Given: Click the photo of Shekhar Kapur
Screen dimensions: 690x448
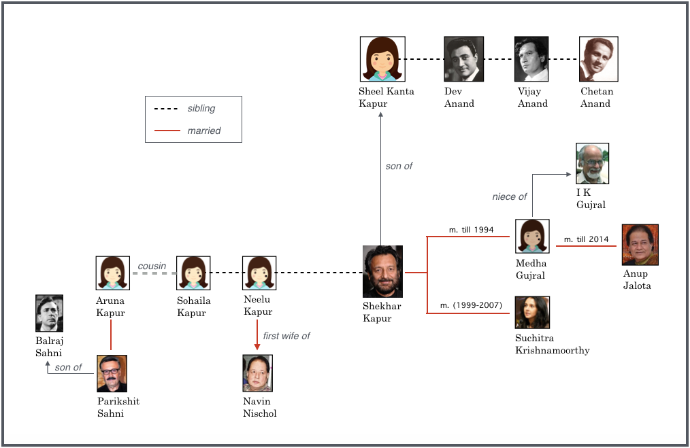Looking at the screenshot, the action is point(382,272).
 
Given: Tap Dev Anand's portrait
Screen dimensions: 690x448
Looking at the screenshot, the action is point(464,59).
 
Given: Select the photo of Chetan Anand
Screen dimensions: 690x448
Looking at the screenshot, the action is point(598,59).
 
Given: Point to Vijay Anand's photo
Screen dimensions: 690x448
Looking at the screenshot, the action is point(531,59).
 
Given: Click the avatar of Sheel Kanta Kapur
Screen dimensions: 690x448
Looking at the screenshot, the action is point(382,59).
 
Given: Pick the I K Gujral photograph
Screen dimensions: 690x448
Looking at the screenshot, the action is point(592,163).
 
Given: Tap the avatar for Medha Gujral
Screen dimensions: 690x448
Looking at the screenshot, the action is point(532,237).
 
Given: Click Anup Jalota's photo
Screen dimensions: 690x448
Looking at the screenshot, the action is point(640,245).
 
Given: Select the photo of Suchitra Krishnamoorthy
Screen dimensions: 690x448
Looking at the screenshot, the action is point(532,313).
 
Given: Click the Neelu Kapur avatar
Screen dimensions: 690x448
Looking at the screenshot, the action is point(259,273).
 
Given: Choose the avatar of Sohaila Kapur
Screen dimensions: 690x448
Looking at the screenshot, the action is point(193,273).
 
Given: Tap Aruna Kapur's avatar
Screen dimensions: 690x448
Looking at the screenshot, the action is point(113,273).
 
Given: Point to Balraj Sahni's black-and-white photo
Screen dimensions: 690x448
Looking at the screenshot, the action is point(49,313).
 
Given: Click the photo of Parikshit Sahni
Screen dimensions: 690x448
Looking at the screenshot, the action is point(112,373).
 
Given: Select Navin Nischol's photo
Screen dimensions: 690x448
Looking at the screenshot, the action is point(257,373).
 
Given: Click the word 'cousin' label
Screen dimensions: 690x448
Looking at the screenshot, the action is point(152,266).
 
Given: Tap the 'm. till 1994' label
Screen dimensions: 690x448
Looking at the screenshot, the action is point(472,230).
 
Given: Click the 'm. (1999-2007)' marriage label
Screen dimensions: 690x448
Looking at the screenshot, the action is point(472,305).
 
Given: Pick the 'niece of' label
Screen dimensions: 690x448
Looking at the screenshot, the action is point(509,197).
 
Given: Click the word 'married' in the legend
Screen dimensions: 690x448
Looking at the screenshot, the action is point(203,131).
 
